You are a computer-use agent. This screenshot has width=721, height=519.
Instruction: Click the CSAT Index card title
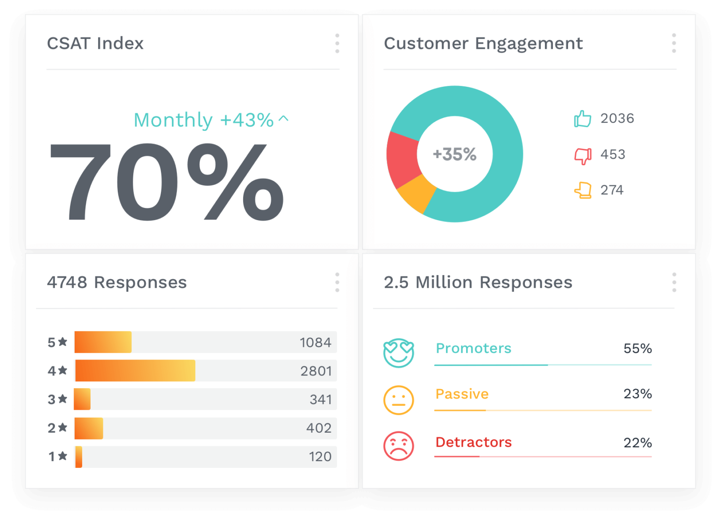pyautogui.click(x=95, y=43)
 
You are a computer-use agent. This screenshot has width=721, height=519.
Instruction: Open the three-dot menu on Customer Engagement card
pyautogui.click(x=674, y=43)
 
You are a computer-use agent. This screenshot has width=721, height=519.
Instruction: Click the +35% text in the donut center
pyautogui.click(x=454, y=154)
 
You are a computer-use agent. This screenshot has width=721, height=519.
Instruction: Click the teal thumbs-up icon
pyautogui.click(x=583, y=119)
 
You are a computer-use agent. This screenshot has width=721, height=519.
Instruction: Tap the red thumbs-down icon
pyautogui.click(x=583, y=155)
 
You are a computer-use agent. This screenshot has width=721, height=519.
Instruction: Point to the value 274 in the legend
pyautogui.click(x=612, y=190)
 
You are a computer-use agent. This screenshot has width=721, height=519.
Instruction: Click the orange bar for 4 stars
pyautogui.click(x=135, y=371)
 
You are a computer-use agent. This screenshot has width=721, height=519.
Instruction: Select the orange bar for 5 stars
pyautogui.click(x=103, y=342)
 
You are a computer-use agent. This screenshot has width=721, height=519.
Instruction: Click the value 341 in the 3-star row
pyautogui.click(x=321, y=399)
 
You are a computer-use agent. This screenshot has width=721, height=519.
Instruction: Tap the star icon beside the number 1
pyautogui.click(x=63, y=456)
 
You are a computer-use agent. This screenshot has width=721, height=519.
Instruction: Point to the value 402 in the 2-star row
pyautogui.click(x=319, y=428)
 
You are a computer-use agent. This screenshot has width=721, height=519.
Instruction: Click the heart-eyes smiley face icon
pyautogui.click(x=399, y=353)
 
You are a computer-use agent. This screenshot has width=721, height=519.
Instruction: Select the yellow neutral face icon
pyautogui.click(x=399, y=400)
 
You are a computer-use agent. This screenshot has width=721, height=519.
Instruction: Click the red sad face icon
pyautogui.click(x=399, y=446)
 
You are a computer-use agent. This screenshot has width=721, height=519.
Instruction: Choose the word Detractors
pyautogui.click(x=473, y=442)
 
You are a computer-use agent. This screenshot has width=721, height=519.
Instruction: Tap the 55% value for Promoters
pyautogui.click(x=637, y=348)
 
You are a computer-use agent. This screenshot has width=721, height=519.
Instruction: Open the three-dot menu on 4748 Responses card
pyautogui.click(x=337, y=282)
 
